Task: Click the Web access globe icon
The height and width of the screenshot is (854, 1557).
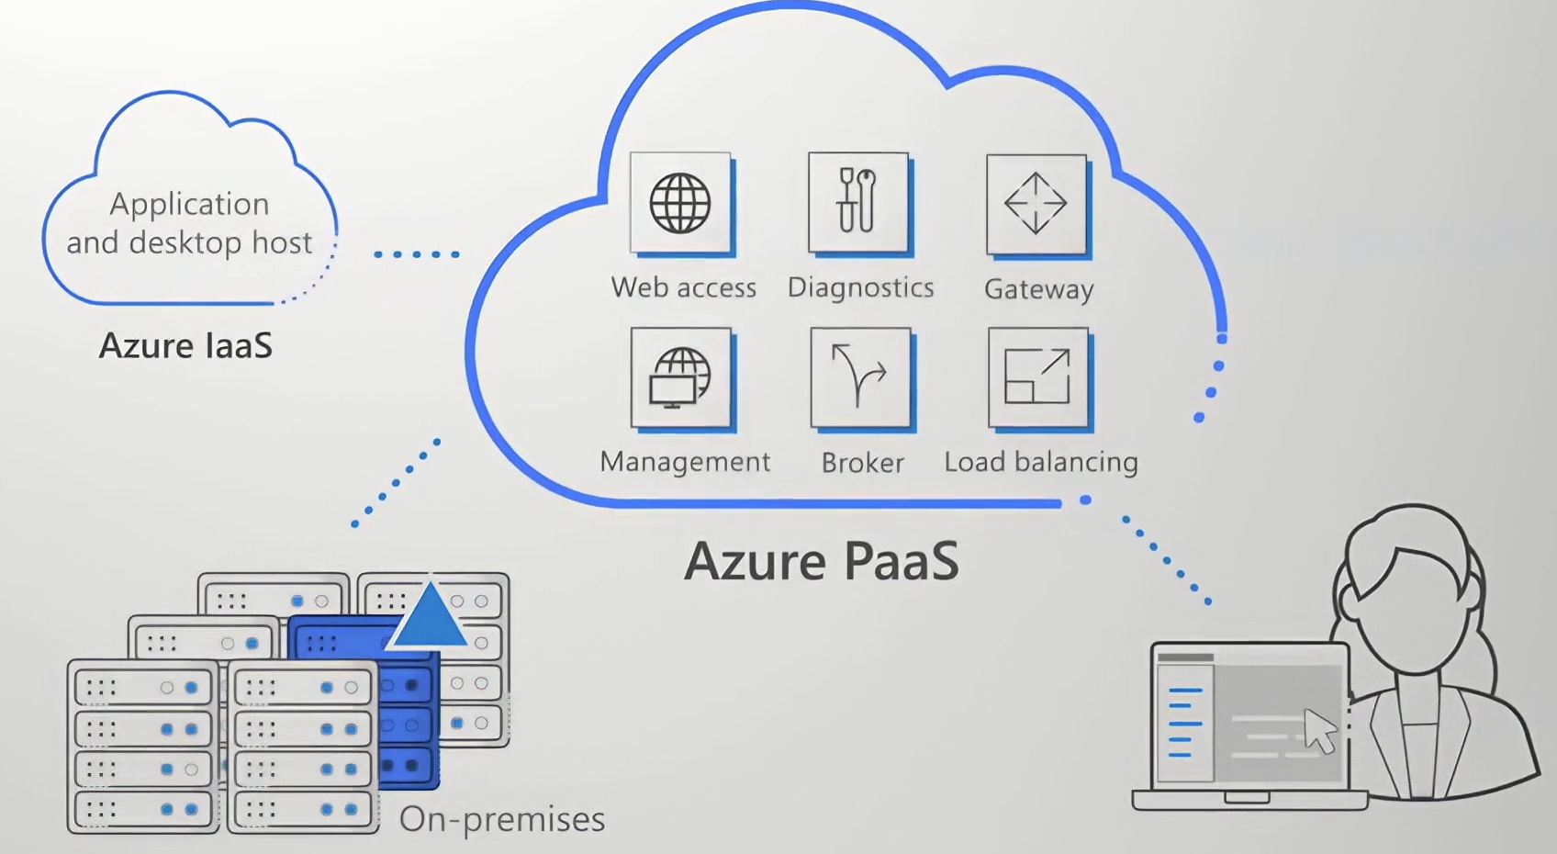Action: [680, 203]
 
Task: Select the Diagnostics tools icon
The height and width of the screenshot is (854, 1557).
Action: [858, 202]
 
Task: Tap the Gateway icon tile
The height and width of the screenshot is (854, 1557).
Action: [1036, 204]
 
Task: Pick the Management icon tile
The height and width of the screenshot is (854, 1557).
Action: [680, 377]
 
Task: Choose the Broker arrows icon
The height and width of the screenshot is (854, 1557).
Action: [860, 377]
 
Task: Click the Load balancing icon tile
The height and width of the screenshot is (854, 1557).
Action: [1037, 377]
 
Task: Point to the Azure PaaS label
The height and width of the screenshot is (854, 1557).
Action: [822, 561]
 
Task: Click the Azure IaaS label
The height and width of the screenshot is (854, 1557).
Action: [185, 345]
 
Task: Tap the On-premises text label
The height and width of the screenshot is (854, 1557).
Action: [502, 819]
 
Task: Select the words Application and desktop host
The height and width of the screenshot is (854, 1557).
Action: [189, 223]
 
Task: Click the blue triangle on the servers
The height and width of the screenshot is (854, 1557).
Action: [429, 615]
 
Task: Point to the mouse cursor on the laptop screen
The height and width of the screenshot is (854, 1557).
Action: [1320, 731]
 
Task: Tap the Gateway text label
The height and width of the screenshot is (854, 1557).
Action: [1038, 289]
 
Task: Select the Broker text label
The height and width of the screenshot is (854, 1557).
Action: [862, 462]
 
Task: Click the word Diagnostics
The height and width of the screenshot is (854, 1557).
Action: [860, 287]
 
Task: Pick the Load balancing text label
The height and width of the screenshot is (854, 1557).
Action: [1041, 461]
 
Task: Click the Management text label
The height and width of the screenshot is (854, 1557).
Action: [685, 461]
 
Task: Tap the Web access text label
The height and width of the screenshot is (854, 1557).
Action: [684, 287]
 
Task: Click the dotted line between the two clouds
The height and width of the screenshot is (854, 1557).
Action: [417, 254]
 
